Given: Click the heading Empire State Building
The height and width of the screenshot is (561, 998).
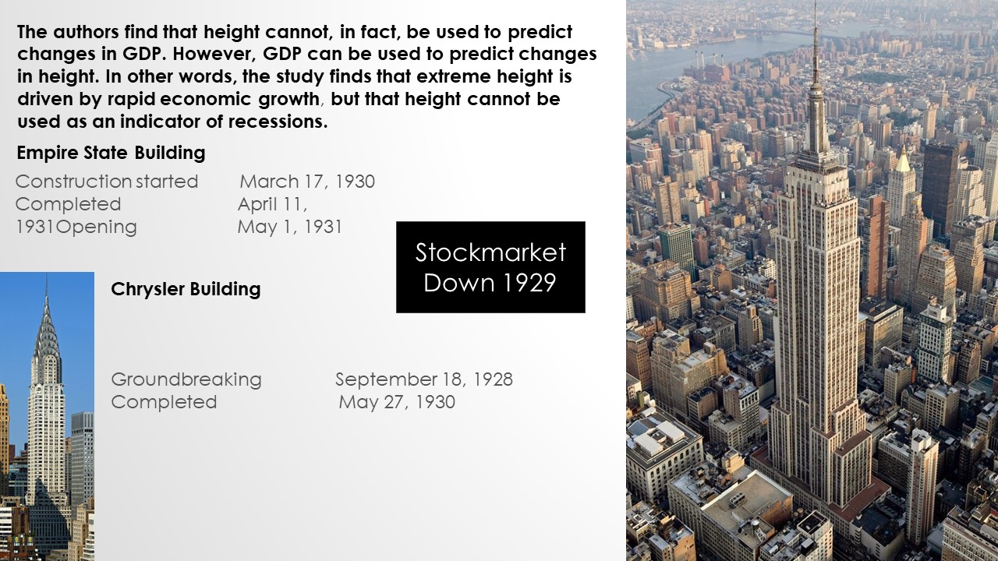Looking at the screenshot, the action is pyautogui.click(x=111, y=153).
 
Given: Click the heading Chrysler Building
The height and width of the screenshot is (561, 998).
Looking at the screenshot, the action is pyautogui.click(x=186, y=289).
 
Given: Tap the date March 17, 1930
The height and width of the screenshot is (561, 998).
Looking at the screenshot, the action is pyautogui.click(x=307, y=182).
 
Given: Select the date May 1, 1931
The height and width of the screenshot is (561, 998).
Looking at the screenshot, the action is pyautogui.click(x=289, y=227).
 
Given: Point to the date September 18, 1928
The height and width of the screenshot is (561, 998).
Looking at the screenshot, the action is pyautogui.click(x=424, y=379).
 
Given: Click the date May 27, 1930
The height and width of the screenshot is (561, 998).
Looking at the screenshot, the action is pyautogui.click(x=397, y=402).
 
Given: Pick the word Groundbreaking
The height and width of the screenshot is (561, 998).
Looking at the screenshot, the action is pyautogui.click(x=186, y=379).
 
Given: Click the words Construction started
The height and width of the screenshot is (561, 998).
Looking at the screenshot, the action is pyautogui.click(x=107, y=182).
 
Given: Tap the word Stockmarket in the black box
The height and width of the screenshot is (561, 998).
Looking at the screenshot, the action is pyautogui.click(x=490, y=252).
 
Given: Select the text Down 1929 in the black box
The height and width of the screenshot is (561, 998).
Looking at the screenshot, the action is pyautogui.click(x=490, y=283).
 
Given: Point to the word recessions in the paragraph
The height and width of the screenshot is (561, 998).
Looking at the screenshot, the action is pyautogui.click(x=278, y=122).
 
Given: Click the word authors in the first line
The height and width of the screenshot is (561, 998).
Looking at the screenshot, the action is pyautogui.click(x=86, y=32).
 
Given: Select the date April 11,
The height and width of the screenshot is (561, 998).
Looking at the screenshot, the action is pyautogui.click(x=272, y=204).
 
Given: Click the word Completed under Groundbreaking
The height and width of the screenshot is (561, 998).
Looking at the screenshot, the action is pyautogui.click(x=164, y=402).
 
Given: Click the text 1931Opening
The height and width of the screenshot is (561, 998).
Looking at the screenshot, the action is pyautogui.click(x=76, y=227).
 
